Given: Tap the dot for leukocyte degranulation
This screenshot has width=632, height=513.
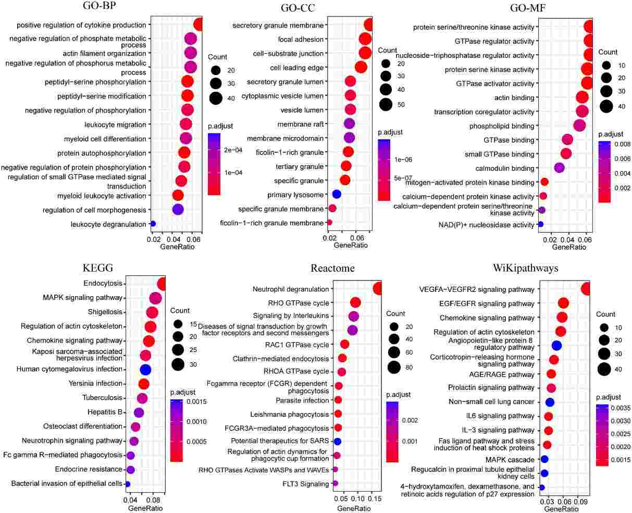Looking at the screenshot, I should pyautogui.click(x=153, y=224).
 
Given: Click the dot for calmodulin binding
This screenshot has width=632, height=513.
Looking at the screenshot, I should pyautogui.click(x=559, y=168).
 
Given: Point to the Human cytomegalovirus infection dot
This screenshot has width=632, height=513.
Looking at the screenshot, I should pyautogui.click(x=145, y=369).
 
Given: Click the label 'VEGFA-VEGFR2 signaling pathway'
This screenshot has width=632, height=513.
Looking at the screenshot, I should pyautogui.click(x=477, y=289).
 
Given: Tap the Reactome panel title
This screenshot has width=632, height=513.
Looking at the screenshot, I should pyautogui.click(x=332, y=268).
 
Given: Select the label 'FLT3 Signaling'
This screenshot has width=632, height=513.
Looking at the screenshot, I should pyautogui.click(x=307, y=484).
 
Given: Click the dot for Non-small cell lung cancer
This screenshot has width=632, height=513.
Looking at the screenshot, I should pyautogui.click(x=550, y=402).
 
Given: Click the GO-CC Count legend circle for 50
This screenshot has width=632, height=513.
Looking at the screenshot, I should pyautogui.click(x=386, y=104).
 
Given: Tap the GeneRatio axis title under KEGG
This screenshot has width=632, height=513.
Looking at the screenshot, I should pyautogui.click(x=143, y=508).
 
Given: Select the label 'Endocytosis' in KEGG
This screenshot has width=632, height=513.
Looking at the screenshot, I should pyautogui.click(x=103, y=284).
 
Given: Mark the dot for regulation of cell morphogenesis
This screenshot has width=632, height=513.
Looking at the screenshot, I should pyautogui.click(x=178, y=210).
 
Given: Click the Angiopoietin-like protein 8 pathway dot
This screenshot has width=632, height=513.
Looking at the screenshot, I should pyautogui.click(x=556, y=345).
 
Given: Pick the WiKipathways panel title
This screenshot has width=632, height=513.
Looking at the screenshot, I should pyautogui.click(x=526, y=268).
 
